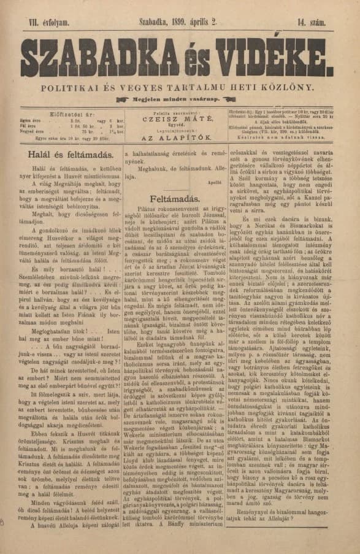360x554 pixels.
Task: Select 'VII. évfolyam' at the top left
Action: [x=57, y=21]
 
